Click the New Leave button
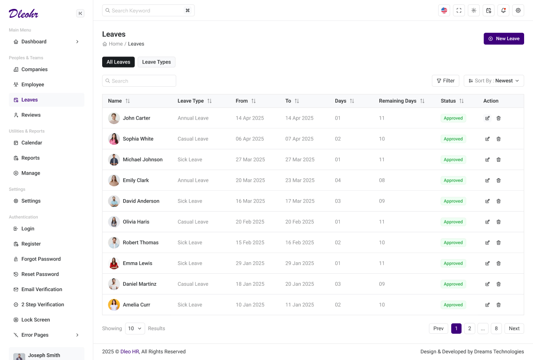pos(504,39)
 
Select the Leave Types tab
pos(156,62)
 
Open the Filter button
pos(445,81)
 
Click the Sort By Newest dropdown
pos(494,81)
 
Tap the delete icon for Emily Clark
pos(498,180)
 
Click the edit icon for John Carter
pos(487,118)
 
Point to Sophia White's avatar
pos(114,139)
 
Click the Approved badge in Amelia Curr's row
pos(453,305)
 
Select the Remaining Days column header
pos(398,101)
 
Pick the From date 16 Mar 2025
pos(250,201)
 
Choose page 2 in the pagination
pos(469,328)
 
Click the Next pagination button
pos(514,328)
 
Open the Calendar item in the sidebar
pos(32,143)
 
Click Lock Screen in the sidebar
pos(36,320)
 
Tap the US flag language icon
pos(444,11)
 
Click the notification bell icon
pos(503,11)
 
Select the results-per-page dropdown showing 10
pos(135,328)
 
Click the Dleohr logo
pos(24,13)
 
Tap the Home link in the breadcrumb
pos(115,44)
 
